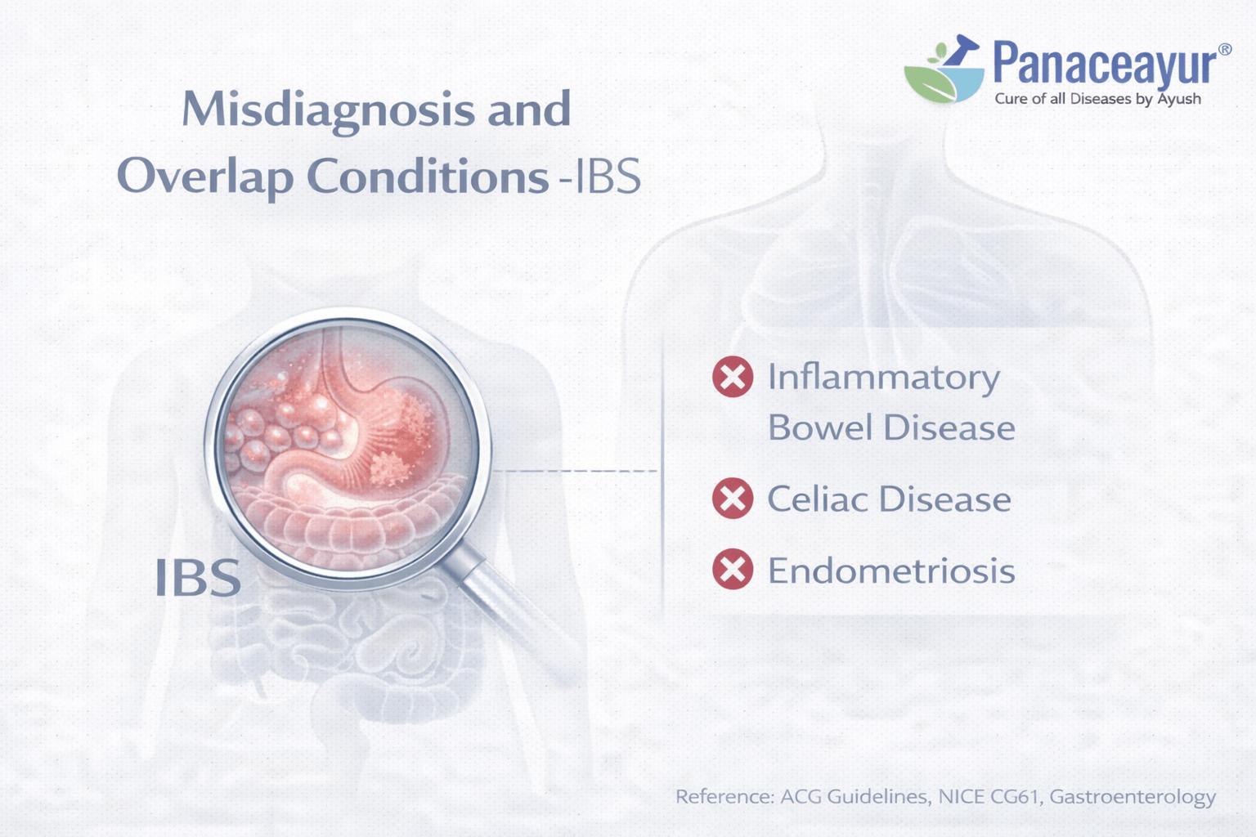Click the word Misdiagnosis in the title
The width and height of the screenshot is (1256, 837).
coord(327,110)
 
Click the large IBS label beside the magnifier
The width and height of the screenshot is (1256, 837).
coord(198,578)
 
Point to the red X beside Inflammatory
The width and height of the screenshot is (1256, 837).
coord(733,377)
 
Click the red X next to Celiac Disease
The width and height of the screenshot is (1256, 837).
coord(733,499)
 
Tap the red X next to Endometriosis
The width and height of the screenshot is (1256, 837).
coord(733,570)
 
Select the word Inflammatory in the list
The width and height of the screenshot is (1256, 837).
coord(883,378)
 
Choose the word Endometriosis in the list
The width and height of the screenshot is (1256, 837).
coord(890,571)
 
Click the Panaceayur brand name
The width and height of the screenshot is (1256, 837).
coord(1105,64)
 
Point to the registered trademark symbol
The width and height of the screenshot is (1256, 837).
coord(1224,50)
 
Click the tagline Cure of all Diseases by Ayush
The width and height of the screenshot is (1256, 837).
coord(1097,99)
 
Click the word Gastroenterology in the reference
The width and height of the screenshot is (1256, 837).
coord(1133,796)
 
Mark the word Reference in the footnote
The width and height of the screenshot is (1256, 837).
coord(724,796)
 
